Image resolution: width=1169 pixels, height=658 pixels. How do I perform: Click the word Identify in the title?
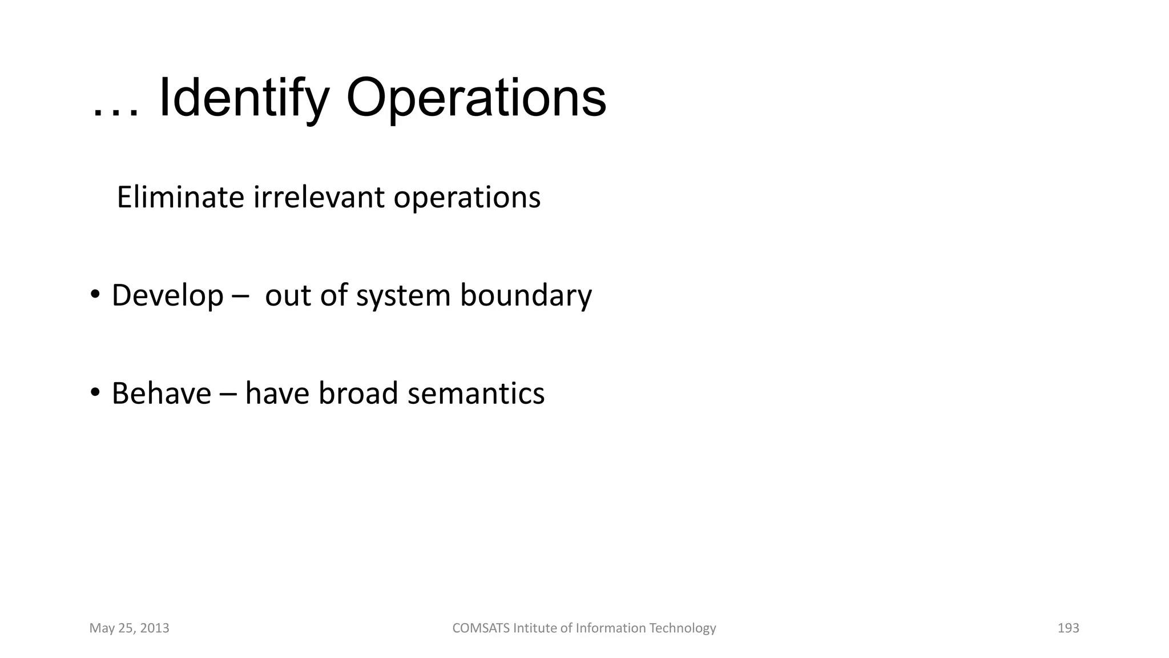[244, 99]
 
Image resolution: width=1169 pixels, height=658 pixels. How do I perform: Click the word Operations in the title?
[475, 99]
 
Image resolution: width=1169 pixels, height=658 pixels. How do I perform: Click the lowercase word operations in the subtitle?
[466, 198]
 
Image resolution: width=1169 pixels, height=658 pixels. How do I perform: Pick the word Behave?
[161, 394]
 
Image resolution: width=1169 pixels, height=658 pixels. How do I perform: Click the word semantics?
[476, 394]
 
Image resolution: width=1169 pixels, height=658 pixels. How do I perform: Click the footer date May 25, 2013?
[129, 628]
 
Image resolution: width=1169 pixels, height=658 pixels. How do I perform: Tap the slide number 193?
[1068, 628]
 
